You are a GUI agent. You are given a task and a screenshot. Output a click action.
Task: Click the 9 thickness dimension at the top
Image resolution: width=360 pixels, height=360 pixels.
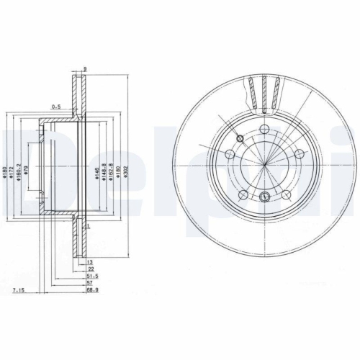(85, 68)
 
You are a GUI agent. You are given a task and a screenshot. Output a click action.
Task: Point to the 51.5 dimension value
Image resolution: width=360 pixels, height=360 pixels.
(91, 276)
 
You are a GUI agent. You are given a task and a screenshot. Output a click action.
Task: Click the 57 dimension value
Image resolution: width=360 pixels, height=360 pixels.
(89, 283)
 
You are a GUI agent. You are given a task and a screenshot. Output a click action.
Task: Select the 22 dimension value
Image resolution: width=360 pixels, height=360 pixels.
(89, 269)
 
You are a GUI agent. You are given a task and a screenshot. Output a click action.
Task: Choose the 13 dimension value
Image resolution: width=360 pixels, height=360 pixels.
(89, 262)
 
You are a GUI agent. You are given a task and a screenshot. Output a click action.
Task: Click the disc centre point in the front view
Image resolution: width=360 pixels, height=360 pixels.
(264, 166)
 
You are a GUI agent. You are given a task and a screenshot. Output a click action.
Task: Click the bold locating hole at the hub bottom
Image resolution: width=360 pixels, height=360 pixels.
(264, 197)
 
